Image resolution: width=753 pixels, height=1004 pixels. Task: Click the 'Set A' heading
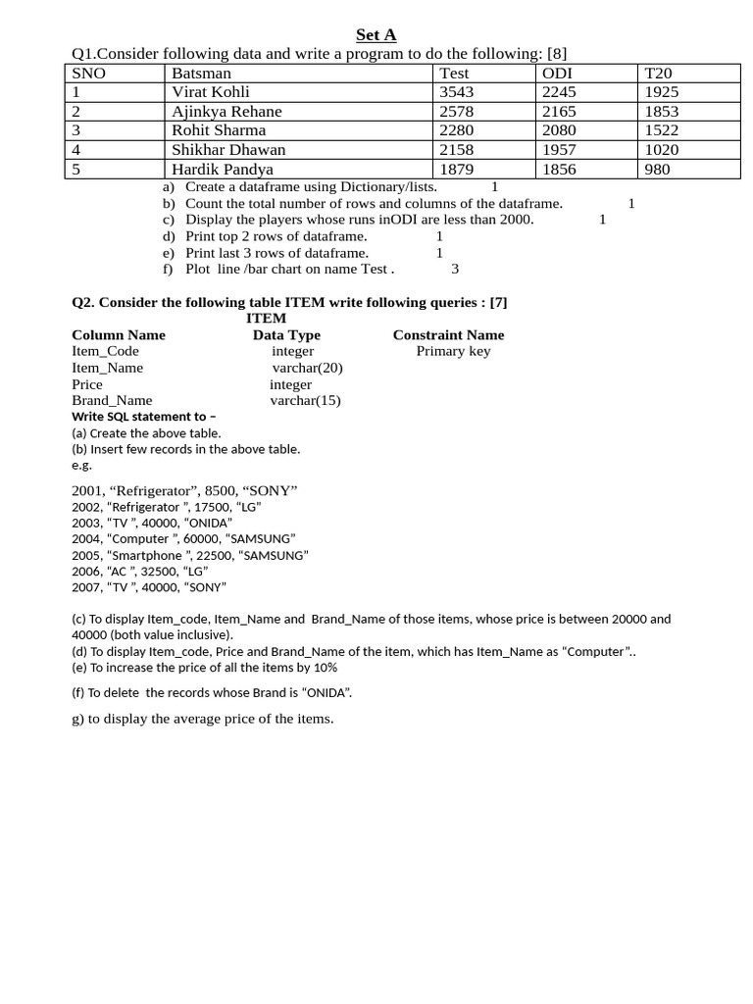click(376, 35)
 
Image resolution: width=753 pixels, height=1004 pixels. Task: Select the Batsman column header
click(201, 73)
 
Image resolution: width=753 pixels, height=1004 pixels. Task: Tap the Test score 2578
click(457, 111)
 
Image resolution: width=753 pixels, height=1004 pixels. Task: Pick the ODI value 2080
click(559, 130)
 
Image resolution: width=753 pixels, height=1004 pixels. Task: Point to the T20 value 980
click(657, 169)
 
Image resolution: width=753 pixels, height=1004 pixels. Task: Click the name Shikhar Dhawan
click(228, 149)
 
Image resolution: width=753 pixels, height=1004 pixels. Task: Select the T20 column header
click(658, 73)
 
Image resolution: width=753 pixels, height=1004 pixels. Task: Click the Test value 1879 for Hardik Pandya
click(457, 169)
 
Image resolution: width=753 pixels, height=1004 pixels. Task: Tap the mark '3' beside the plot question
click(455, 269)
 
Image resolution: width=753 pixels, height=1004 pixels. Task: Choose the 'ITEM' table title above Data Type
click(266, 319)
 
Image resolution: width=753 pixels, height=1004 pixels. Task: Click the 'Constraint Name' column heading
click(448, 335)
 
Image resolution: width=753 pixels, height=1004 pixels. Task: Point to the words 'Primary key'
click(453, 351)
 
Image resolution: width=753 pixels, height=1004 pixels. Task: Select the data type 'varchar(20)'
click(307, 368)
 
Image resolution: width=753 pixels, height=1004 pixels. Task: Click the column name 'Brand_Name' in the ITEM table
click(112, 400)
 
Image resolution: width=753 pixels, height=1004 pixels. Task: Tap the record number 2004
click(86, 538)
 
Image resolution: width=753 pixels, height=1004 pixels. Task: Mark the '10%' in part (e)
click(325, 668)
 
